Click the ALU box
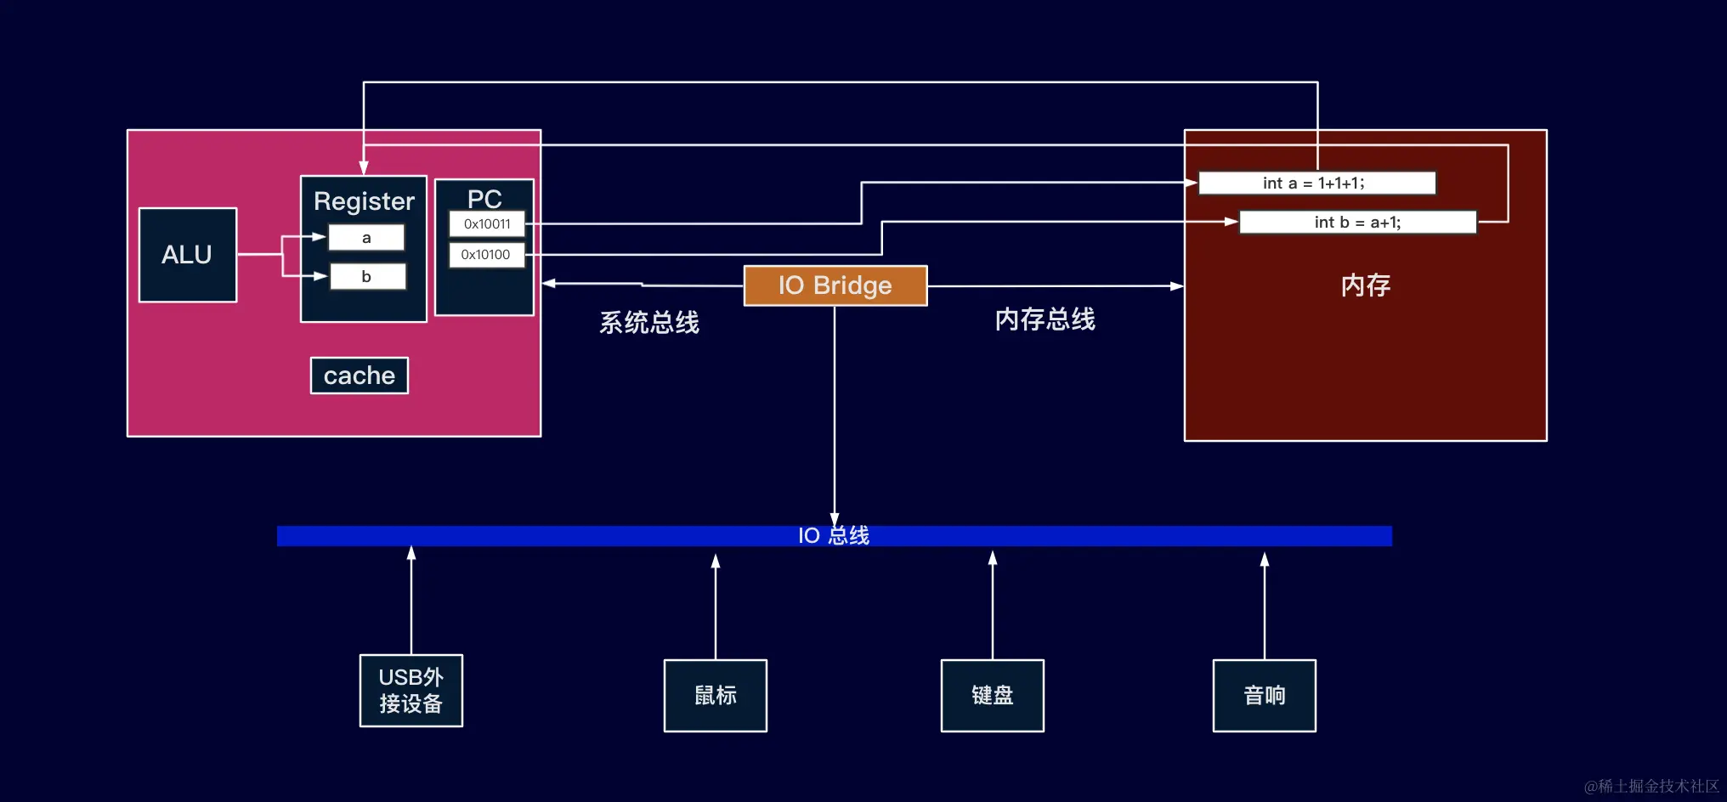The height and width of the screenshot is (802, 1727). [188, 255]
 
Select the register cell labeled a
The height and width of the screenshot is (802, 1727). [366, 238]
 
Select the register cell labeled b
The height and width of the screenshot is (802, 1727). [367, 276]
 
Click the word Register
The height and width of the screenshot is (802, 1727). [364, 201]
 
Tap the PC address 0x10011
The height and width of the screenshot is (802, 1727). [487, 224]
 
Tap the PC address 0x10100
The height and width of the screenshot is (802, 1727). [486, 255]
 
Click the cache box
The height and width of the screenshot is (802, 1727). [360, 376]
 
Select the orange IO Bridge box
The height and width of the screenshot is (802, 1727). [835, 285]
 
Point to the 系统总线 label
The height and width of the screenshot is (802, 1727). [649, 323]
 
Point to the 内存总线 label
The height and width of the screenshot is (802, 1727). [1045, 319]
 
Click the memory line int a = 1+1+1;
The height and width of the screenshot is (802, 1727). [1316, 184]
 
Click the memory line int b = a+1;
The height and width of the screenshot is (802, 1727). [1357, 223]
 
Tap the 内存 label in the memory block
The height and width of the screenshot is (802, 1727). [1365, 285]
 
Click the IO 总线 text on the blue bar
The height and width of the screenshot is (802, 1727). [834, 536]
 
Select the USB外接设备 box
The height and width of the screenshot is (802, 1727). [411, 691]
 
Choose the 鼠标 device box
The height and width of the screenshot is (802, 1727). [716, 696]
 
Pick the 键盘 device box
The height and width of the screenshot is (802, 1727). [993, 696]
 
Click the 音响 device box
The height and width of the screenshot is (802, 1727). [1265, 696]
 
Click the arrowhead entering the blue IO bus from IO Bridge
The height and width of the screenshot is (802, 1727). [835, 519]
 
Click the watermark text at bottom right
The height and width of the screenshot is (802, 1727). [1651, 786]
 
